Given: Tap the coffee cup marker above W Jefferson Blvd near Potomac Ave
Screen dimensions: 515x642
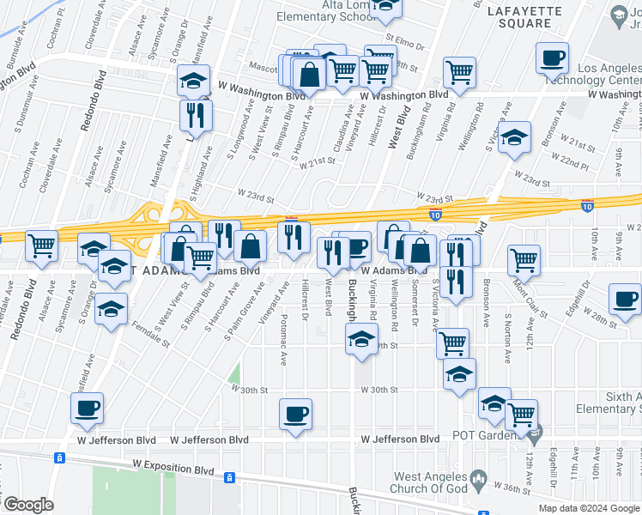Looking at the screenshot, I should coord(295,415).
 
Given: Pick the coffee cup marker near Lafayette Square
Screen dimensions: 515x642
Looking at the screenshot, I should coord(552,59).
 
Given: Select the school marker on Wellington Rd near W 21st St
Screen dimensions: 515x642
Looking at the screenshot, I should coord(514,136).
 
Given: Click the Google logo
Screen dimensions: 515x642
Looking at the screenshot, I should coord(28,505).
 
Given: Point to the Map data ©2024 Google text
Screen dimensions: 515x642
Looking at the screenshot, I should coord(588,508).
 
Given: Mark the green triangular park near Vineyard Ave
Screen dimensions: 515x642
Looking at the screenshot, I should coord(234,375).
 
